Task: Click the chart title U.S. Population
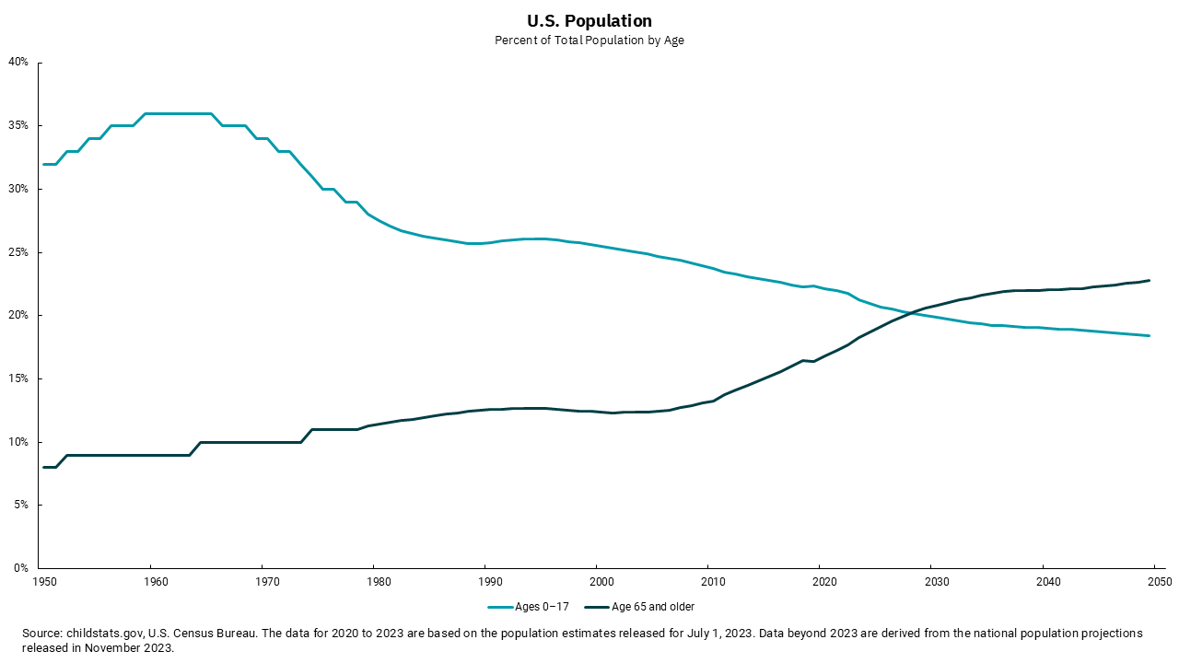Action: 589,20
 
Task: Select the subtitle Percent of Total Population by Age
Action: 589,41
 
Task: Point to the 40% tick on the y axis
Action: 19,63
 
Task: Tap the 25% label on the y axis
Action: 19,252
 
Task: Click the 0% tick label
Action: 22,568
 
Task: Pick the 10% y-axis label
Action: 19,442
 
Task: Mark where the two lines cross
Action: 907,314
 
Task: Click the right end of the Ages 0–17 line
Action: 1149,335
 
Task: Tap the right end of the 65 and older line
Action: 1149,280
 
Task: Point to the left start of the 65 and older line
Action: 44,467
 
